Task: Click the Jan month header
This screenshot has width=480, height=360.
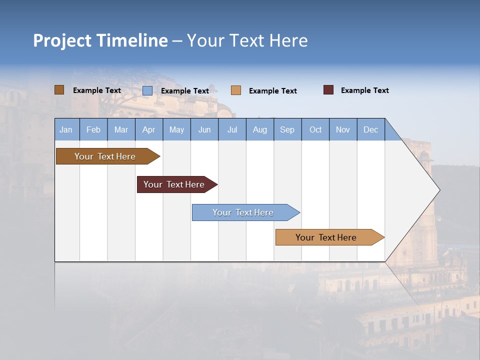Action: tap(66, 129)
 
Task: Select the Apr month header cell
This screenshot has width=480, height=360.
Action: tap(149, 129)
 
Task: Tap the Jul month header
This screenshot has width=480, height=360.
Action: tap(232, 129)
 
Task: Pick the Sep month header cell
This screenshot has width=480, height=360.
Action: tap(287, 129)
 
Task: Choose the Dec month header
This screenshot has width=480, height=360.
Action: tap(370, 129)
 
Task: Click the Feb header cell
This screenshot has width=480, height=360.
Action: tap(93, 129)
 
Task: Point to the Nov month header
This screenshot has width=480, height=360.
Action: tap(343, 129)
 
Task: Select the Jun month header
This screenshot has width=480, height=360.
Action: tap(204, 129)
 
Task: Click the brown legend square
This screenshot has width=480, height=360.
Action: tap(59, 90)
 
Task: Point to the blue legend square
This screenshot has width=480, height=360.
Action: tap(147, 90)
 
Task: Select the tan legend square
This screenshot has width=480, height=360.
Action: tap(236, 90)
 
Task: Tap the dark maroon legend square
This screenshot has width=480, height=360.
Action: tap(328, 90)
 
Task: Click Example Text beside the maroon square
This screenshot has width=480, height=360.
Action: tap(364, 90)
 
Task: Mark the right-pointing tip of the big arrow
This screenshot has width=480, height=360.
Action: tap(438, 190)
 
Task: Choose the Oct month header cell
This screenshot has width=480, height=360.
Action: tap(315, 129)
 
